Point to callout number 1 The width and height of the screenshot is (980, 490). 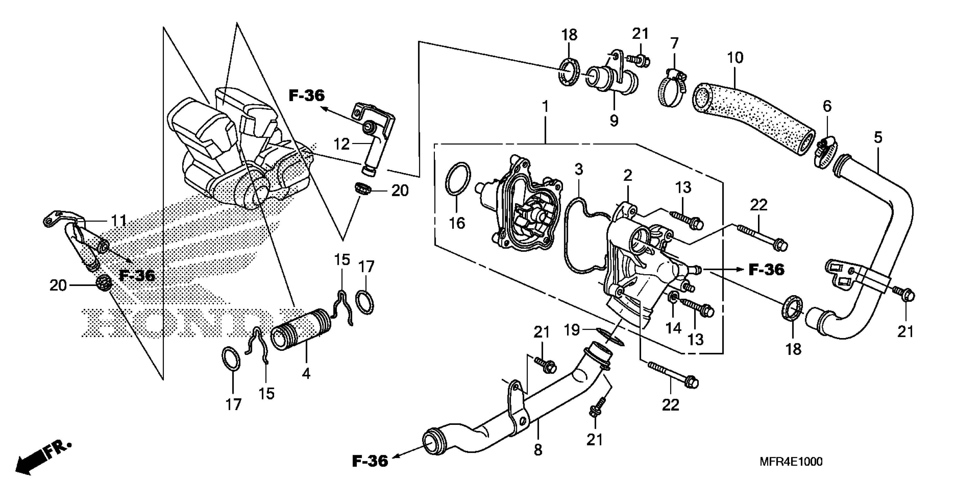[x=545, y=107]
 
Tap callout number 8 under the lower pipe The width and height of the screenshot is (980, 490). [x=538, y=450]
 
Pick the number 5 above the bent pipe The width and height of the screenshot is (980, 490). [x=878, y=137]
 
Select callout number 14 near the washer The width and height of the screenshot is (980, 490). [x=673, y=328]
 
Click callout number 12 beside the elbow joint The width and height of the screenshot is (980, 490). [x=341, y=144]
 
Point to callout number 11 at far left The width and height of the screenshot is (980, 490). [x=118, y=220]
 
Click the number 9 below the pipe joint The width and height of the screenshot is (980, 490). [x=614, y=121]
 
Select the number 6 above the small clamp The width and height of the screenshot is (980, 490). [x=827, y=106]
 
